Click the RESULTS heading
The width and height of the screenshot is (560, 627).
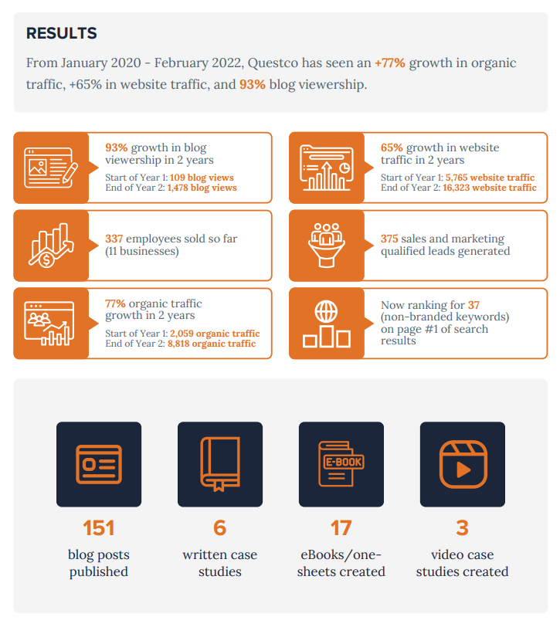pyautogui.click(x=62, y=33)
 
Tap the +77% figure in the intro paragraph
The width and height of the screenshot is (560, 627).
pyautogui.click(x=390, y=63)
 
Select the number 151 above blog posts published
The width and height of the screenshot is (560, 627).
pyautogui.click(x=99, y=528)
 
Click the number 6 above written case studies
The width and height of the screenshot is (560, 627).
pyautogui.click(x=220, y=528)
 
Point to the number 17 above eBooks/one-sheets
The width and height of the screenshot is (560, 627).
pyautogui.click(x=341, y=528)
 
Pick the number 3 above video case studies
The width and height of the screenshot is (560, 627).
pyautogui.click(x=462, y=528)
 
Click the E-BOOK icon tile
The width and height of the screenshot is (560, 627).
pyautogui.click(x=341, y=464)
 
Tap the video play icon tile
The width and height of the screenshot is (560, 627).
pyautogui.click(x=462, y=464)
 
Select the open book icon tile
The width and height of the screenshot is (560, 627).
pyautogui.click(x=220, y=464)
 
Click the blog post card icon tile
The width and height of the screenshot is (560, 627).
pyautogui.click(x=99, y=464)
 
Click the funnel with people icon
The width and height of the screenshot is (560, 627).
pyautogui.click(x=326, y=245)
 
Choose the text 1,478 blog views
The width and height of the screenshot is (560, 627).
pyautogui.click(x=202, y=188)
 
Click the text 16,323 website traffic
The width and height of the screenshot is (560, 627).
pyautogui.click(x=490, y=188)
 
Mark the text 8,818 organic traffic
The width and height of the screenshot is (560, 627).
pyautogui.click(x=211, y=344)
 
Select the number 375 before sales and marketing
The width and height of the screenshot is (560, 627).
pyautogui.click(x=390, y=239)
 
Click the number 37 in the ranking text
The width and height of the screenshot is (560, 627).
pyautogui.click(x=473, y=306)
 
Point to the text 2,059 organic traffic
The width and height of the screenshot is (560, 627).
pyautogui.click(x=215, y=334)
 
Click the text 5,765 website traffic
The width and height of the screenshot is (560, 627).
pyautogui.click(x=490, y=178)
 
